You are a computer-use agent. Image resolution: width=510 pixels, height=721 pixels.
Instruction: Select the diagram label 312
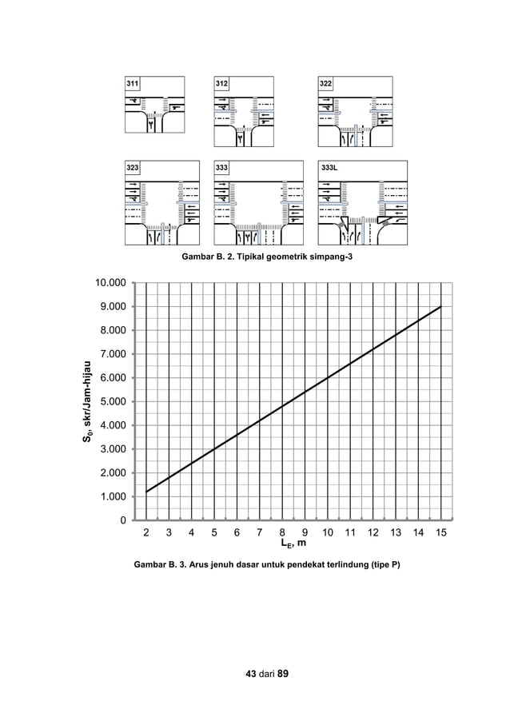point(222,83)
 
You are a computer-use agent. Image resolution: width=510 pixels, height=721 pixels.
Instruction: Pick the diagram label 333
point(222,168)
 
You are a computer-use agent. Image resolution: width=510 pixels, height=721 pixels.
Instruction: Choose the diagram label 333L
point(329,168)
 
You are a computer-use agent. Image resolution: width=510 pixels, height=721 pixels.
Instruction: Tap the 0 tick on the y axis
point(122,520)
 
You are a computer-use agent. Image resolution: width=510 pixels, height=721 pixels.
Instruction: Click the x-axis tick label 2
point(146,532)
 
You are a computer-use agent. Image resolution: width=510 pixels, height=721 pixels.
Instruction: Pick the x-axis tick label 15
point(440,532)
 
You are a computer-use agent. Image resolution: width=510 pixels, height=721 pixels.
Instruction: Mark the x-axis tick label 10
point(328,532)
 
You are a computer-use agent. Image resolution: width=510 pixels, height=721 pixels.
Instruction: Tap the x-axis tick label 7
point(259,532)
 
